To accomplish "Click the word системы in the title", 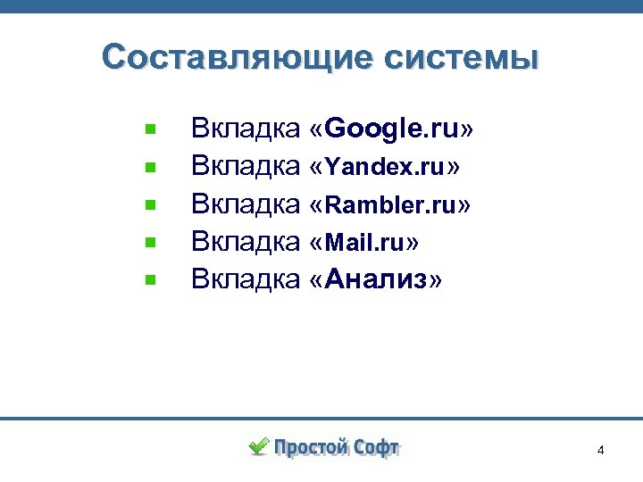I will [462, 58].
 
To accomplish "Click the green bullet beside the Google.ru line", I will [151, 129].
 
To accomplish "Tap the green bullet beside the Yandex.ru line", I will [151, 167].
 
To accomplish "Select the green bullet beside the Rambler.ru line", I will [151, 204].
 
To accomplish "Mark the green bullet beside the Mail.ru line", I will [151, 242].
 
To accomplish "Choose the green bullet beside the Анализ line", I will [151, 279].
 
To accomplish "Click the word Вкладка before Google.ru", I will [245, 129].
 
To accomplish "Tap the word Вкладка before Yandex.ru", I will [245, 167].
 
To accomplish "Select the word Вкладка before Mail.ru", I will [245, 242].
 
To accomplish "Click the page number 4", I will [600, 450].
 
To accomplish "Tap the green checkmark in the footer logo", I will [258, 445].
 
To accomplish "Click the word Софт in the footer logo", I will [377, 447].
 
